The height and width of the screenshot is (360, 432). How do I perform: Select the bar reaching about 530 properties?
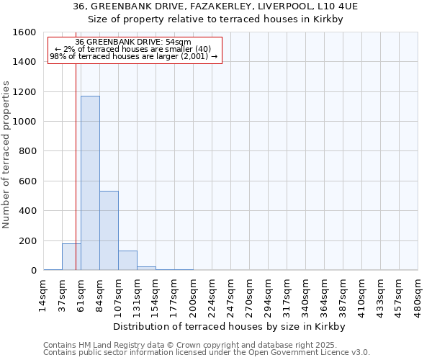109,230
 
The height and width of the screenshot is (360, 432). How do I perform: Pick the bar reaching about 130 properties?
127,261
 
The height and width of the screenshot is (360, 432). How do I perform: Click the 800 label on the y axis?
27,151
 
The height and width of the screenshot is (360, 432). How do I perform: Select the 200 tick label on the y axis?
27,240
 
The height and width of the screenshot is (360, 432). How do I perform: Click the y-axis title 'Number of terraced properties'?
7,155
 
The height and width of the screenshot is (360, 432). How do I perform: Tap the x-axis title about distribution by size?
230,326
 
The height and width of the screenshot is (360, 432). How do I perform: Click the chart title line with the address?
215,6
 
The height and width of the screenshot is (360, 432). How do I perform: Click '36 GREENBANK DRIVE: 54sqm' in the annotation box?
133,42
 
